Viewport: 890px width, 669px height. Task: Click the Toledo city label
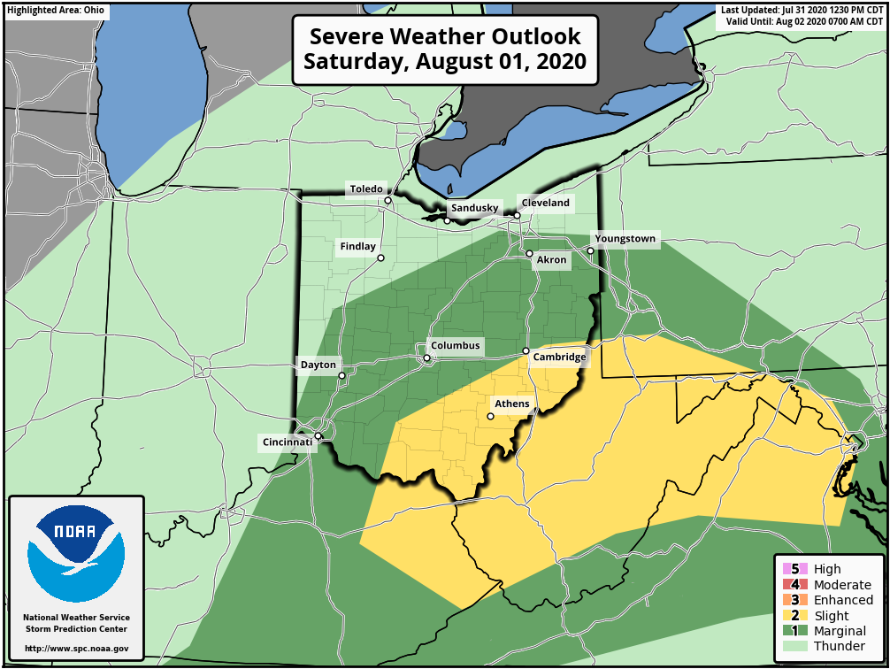click(x=366, y=189)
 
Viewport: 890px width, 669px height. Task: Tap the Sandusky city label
click(x=475, y=208)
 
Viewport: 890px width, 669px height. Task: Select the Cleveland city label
click(x=545, y=203)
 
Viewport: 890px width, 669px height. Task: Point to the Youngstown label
click(x=625, y=239)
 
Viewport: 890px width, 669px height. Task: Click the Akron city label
click(x=551, y=260)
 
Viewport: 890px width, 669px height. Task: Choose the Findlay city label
click(x=357, y=247)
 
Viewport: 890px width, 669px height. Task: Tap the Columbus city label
click(x=455, y=346)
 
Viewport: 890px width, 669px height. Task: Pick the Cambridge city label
click(x=558, y=358)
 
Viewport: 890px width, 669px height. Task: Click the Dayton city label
click(x=318, y=365)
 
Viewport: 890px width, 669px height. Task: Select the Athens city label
click(x=511, y=404)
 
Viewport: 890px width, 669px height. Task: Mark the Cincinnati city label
click(x=287, y=442)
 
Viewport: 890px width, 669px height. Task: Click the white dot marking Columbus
click(x=426, y=358)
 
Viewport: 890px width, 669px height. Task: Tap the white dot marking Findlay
click(x=380, y=258)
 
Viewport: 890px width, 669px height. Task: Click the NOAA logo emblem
click(x=76, y=554)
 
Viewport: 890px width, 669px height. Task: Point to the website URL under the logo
click(x=76, y=649)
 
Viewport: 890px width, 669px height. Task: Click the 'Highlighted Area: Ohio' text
click(x=56, y=11)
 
